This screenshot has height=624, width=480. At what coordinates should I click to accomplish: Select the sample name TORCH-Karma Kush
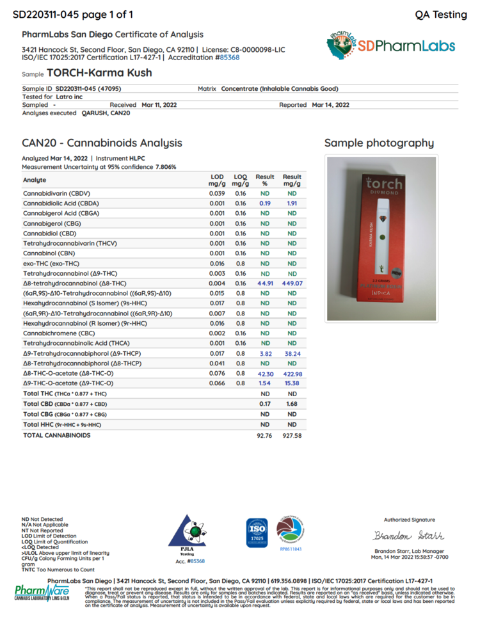[x=99, y=73]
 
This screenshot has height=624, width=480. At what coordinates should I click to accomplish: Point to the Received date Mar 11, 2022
[x=159, y=104]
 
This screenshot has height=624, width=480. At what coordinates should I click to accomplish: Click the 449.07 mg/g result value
[x=292, y=283]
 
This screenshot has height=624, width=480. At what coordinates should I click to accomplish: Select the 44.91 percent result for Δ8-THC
[x=265, y=283]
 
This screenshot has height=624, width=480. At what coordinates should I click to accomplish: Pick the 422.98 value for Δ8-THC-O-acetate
[x=292, y=373]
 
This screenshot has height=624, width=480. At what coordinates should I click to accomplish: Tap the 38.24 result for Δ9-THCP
[x=292, y=353]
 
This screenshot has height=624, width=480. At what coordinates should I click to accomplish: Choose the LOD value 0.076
[x=217, y=373]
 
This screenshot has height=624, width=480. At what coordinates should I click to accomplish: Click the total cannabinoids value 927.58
[x=292, y=435]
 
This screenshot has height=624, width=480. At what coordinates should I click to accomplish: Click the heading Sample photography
[x=379, y=143]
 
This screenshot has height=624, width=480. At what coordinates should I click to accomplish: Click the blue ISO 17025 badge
[x=256, y=532]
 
